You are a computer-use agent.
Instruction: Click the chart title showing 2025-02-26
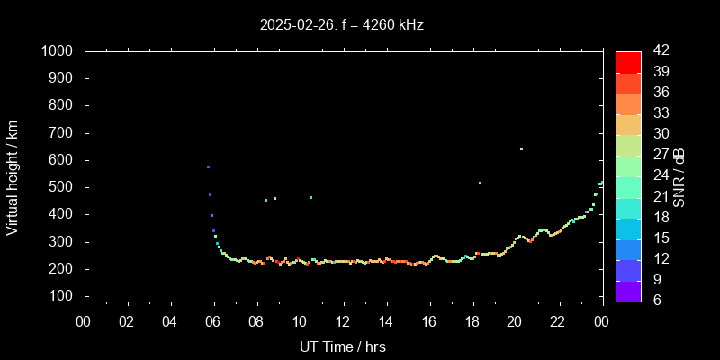point(341,25)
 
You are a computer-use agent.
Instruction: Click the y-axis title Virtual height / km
point(13,176)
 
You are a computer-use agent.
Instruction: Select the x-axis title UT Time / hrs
point(343,346)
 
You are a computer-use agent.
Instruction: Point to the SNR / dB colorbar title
point(679,176)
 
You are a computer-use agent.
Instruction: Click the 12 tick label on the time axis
point(343,322)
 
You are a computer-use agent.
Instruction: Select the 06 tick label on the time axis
point(213,322)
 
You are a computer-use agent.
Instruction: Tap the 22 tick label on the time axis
point(558,322)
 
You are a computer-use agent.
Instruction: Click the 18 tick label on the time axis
point(472,322)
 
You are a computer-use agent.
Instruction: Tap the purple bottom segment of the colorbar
point(627,290)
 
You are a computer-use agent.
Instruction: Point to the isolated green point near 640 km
point(521,149)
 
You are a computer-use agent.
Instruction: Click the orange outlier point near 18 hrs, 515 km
point(480,184)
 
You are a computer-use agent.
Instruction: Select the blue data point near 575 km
point(208,167)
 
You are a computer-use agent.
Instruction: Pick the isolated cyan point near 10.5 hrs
point(310,198)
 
